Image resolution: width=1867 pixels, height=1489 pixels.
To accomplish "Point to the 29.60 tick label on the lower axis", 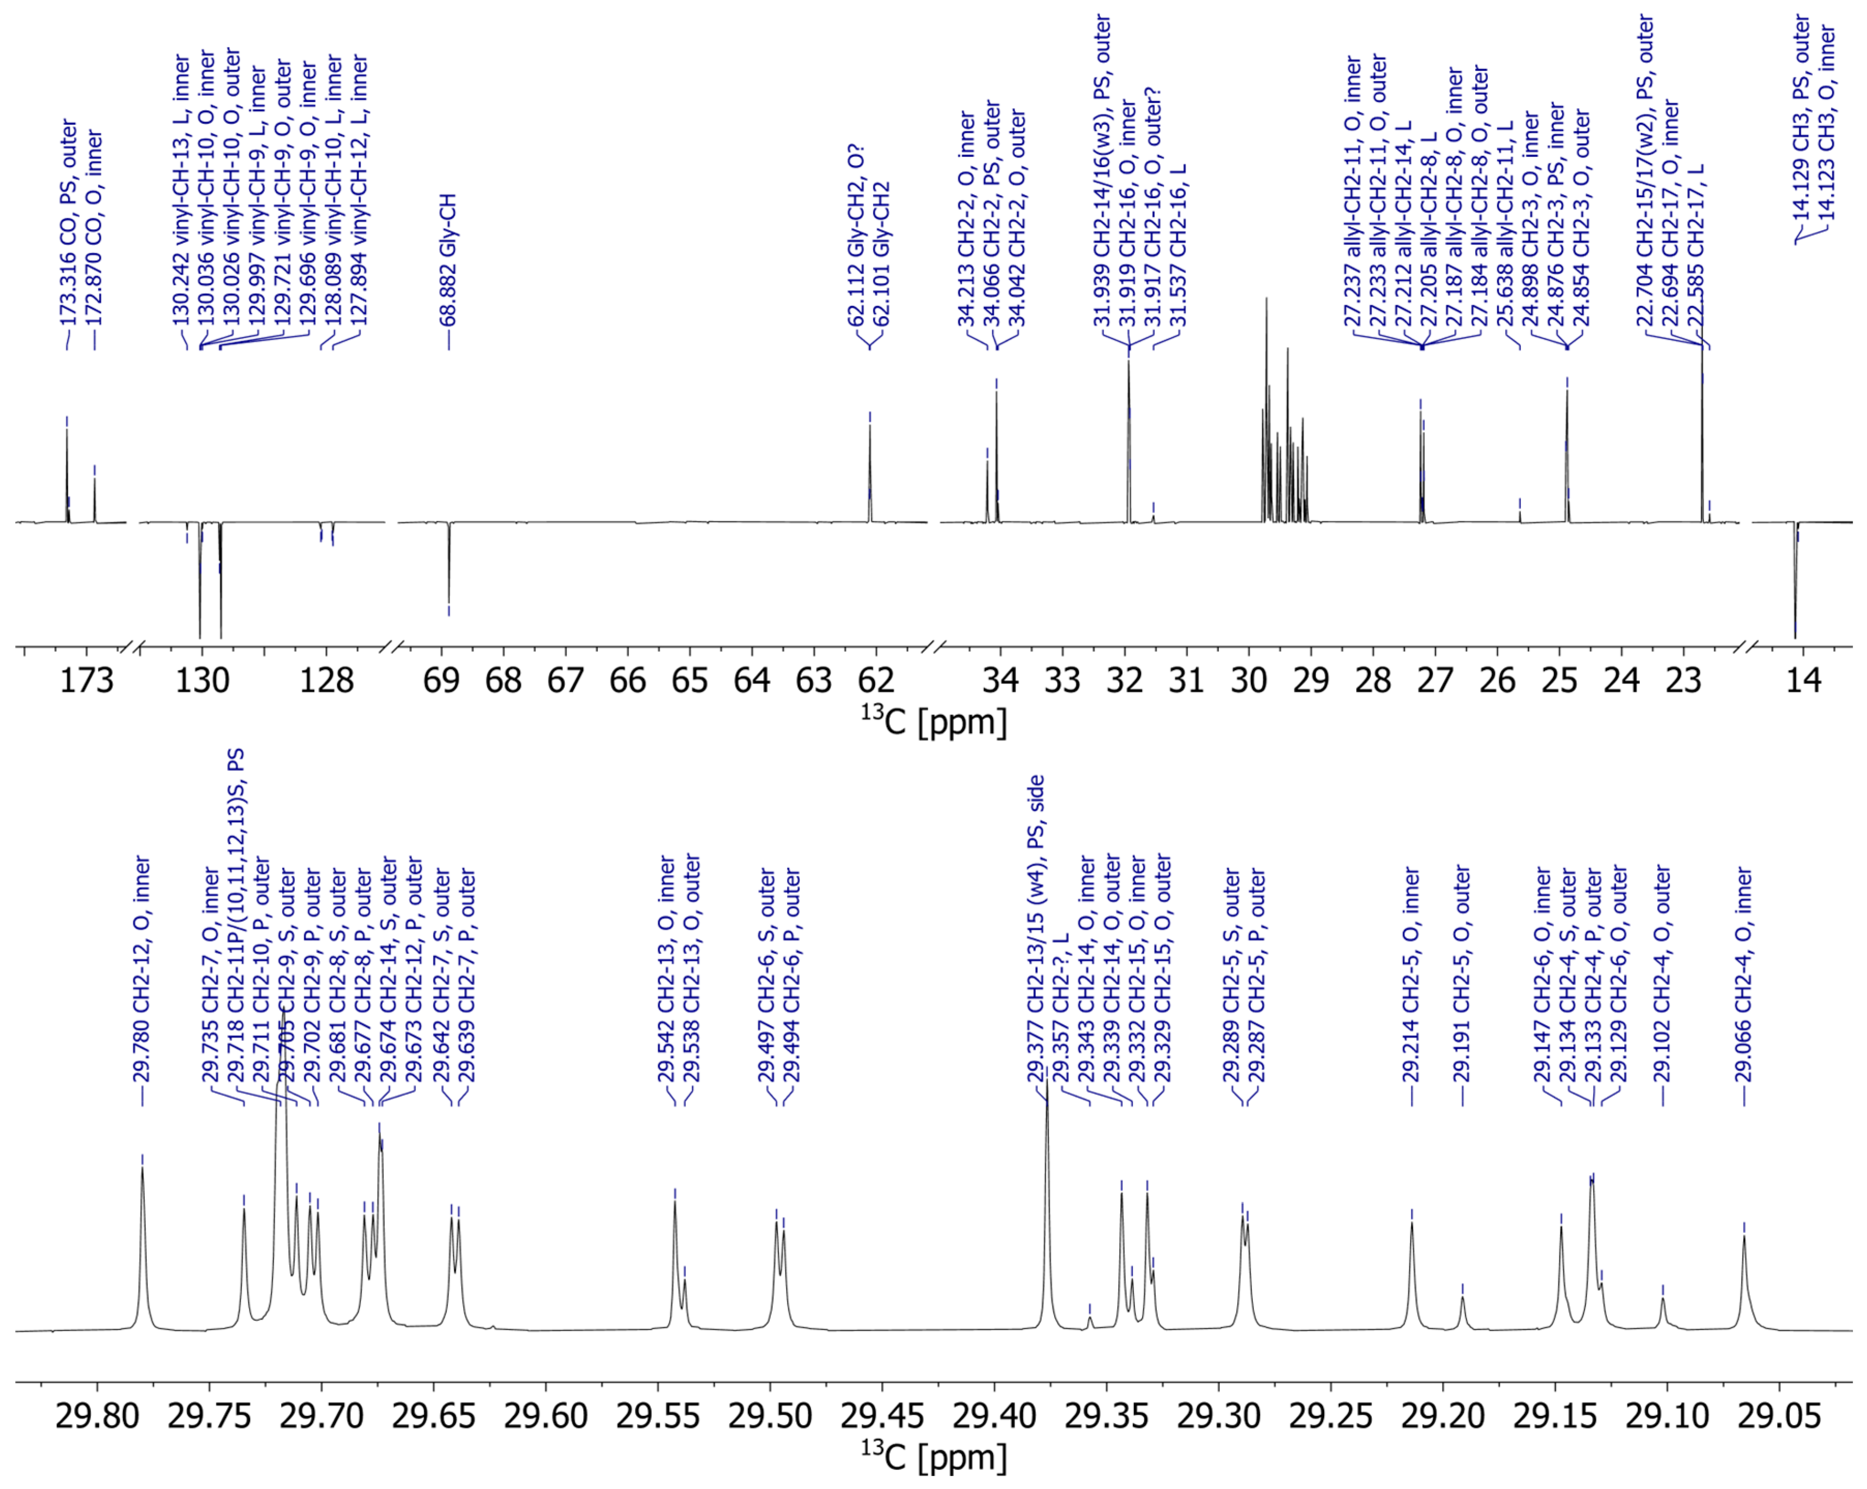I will click(546, 1416).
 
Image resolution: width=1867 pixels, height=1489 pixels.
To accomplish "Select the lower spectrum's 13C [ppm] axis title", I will click(933, 1457).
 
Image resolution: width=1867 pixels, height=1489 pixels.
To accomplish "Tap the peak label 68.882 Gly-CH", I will click(447, 260).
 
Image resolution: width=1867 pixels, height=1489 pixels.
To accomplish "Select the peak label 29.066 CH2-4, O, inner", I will click(1744, 975).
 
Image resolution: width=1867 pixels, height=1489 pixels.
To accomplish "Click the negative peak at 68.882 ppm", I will click(449, 598).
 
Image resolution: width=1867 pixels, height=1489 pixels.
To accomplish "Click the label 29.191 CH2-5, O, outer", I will click(1462, 975).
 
